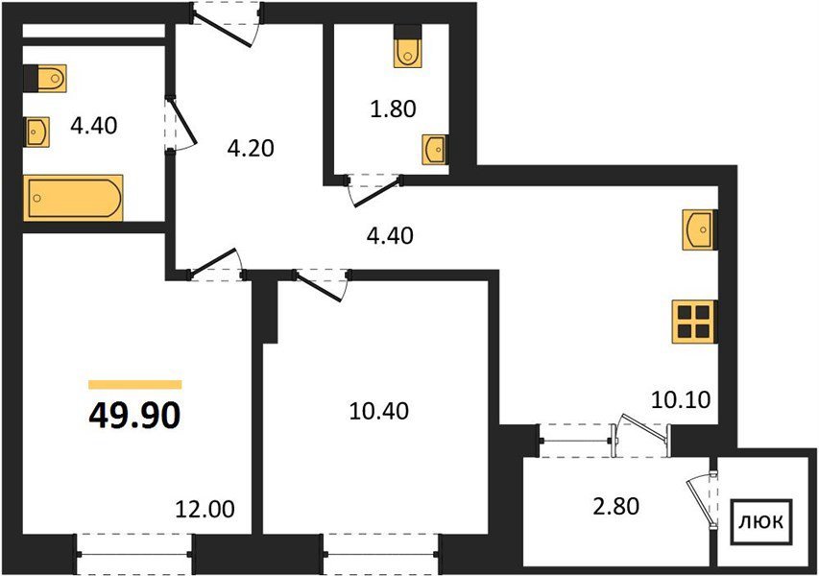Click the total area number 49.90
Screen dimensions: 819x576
pyautogui.click(x=134, y=416)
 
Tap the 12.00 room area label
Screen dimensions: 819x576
pyautogui.click(x=205, y=509)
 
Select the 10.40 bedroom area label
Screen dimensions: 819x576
pyautogui.click(x=378, y=411)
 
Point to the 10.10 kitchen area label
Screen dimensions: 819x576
pyautogui.click(x=681, y=400)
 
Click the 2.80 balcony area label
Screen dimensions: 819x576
pyautogui.click(x=615, y=506)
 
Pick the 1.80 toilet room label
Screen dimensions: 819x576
pyautogui.click(x=393, y=109)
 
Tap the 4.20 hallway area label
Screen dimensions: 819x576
pyautogui.click(x=251, y=149)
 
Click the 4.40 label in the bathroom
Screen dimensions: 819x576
pyautogui.click(x=94, y=126)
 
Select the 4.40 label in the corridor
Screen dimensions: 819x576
pyautogui.click(x=390, y=236)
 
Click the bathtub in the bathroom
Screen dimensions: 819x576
pyautogui.click(x=73, y=198)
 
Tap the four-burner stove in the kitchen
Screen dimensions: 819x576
pyautogui.click(x=695, y=322)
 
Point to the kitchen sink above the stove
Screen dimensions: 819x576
pyautogui.click(x=699, y=229)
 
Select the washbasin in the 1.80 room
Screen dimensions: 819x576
pyautogui.click(x=434, y=150)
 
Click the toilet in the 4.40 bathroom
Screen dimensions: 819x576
pyautogui.click(x=45, y=79)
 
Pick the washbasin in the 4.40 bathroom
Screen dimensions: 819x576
pyautogui.click(x=36, y=132)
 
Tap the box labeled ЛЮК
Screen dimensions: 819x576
pyautogui.click(x=761, y=522)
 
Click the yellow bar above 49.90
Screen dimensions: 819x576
pyautogui.click(x=135, y=385)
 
